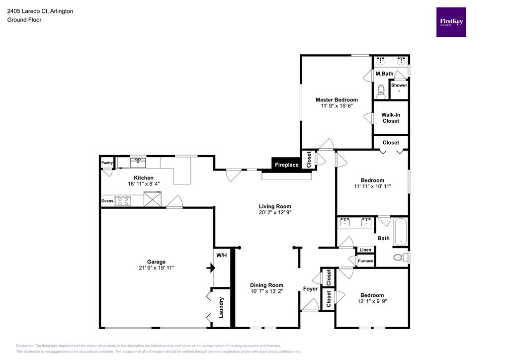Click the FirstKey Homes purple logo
[451, 22]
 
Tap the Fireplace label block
[287, 165]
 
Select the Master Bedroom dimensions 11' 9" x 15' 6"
[337, 106]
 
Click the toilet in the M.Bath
[381, 91]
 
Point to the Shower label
[399, 85]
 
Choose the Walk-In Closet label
[391, 118]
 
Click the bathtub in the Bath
[400, 233]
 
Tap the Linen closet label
[365, 250]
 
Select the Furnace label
[365, 261]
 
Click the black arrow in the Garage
[211, 268]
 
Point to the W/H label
[222, 255]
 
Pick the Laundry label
[222, 308]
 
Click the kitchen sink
[138, 163]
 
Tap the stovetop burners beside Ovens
[122, 201]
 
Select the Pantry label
[107, 163]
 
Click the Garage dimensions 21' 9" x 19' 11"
[156, 268]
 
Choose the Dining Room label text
[266, 285]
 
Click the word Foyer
[311, 289]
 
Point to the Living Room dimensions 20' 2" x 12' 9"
[275, 213]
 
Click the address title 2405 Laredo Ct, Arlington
[40, 11]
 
